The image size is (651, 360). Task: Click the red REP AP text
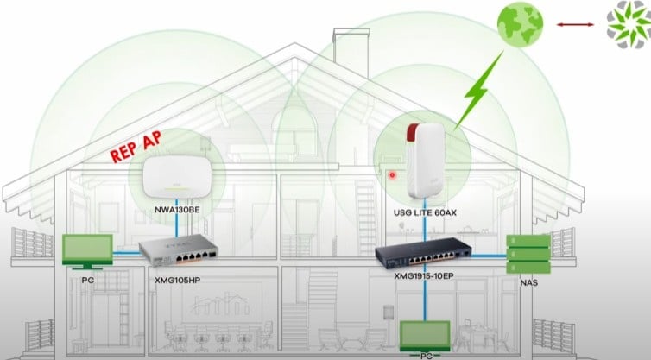tap(136, 147)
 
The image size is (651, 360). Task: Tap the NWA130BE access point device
tap(177, 177)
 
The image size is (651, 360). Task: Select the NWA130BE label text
tap(177, 210)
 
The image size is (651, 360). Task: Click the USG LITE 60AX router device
tap(426, 161)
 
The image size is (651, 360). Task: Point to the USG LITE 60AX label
tap(425, 212)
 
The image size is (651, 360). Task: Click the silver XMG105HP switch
tap(178, 250)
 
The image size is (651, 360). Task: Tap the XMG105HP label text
tap(177, 281)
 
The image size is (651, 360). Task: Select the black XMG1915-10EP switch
tap(423, 253)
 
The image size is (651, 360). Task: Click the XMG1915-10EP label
tap(424, 275)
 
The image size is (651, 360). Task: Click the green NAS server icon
tap(528, 254)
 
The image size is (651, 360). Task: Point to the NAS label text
tap(529, 283)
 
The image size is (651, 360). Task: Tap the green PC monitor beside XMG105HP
tap(87, 251)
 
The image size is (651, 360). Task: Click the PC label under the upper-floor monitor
tap(87, 281)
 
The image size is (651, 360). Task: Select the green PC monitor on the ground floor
tap(425, 336)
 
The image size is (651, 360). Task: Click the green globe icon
tap(521, 24)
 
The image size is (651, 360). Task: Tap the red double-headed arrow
tap(575, 25)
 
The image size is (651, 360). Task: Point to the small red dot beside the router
tap(392, 175)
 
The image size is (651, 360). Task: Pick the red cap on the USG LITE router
tap(413, 132)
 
